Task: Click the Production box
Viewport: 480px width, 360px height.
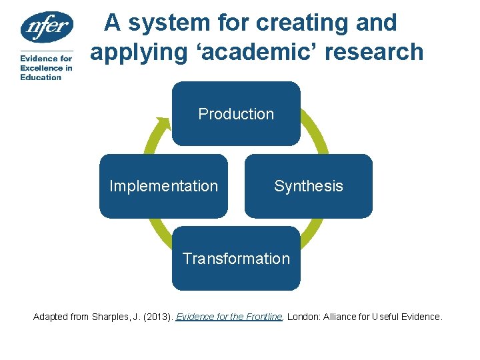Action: [236, 113]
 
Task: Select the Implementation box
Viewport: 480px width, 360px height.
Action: [163, 186]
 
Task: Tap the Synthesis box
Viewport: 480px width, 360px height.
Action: [309, 186]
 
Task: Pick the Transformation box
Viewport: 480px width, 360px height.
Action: [236, 259]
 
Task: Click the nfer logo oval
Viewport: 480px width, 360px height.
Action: [46, 27]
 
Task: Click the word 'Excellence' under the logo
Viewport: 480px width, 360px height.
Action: [41, 68]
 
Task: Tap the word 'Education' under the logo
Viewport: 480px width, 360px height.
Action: [41, 77]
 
